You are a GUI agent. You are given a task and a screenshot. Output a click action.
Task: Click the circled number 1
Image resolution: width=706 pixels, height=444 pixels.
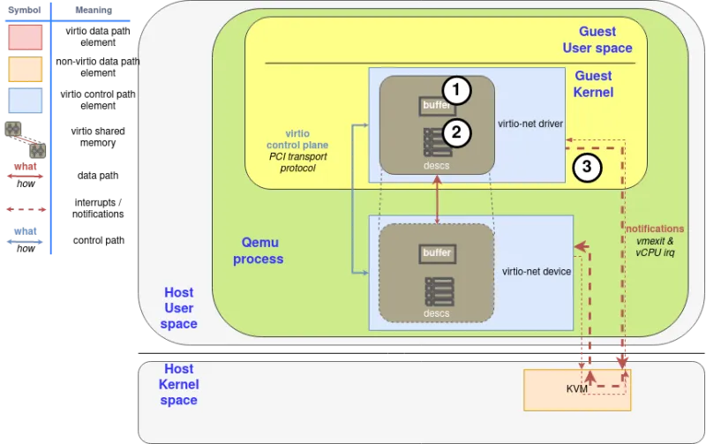click(x=455, y=90)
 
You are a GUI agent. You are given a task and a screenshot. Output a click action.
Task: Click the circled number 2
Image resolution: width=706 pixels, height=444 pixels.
click(x=455, y=133)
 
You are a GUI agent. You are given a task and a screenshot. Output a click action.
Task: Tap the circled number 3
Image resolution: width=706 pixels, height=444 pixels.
click(x=588, y=167)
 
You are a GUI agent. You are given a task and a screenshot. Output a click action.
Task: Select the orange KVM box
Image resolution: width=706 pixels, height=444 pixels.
click(x=576, y=389)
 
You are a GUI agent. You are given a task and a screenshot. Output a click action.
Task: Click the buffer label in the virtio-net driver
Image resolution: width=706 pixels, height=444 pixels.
click(x=437, y=105)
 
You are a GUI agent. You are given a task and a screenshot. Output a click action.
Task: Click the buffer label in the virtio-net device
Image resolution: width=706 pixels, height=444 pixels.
click(x=436, y=253)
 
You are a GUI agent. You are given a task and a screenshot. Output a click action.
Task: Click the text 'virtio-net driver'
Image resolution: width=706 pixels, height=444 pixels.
click(x=529, y=123)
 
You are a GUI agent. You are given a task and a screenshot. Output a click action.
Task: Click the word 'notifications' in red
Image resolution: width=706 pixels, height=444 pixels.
click(x=654, y=229)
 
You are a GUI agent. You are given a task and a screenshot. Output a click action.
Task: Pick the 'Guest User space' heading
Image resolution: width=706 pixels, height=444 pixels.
click(x=597, y=40)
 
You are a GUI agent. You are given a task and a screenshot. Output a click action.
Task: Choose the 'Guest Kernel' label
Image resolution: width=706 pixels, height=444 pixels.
click(x=593, y=84)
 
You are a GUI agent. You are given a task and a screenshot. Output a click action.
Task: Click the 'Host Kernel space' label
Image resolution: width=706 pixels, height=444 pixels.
click(x=178, y=385)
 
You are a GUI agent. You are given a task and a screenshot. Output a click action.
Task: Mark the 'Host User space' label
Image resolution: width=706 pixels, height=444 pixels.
click(x=179, y=308)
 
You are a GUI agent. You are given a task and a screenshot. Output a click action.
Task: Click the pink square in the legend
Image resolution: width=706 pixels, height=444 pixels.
click(x=25, y=37)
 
